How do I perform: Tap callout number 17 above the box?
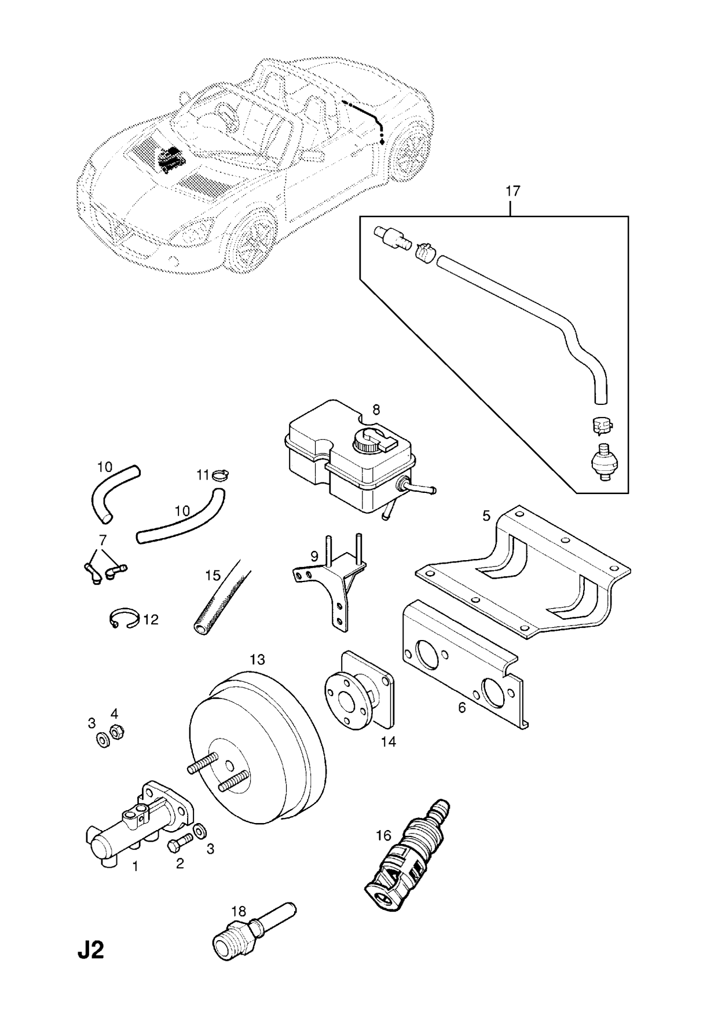(x=512, y=191)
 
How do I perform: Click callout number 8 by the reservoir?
(x=376, y=410)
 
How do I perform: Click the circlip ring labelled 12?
(x=123, y=619)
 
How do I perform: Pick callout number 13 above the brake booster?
(x=257, y=659)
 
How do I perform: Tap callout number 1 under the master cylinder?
(x=135, y=867)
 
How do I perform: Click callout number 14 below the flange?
(x=389, y=741)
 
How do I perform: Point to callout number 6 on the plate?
(x=461, y=707)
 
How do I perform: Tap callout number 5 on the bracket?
(x=486, y=515)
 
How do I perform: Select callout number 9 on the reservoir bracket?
(x=314, y=556)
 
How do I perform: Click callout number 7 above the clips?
(x=102, y=540)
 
